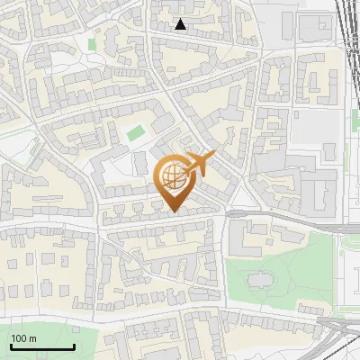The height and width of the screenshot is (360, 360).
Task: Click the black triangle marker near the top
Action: click(181, 24)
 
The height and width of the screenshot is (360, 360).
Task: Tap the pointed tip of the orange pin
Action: click(173, 211)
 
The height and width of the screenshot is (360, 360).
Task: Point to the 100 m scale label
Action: click(23, 338)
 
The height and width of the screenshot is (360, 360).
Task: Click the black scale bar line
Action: click(42, 346)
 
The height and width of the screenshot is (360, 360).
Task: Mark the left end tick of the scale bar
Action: click(11, 345)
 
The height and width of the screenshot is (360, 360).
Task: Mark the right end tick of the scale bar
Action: click(74, 345)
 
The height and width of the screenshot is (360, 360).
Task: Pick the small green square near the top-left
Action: click(92, 42)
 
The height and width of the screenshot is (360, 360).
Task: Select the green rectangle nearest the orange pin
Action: click(136, 134)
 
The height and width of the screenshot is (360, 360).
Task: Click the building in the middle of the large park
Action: click(262, 280)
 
